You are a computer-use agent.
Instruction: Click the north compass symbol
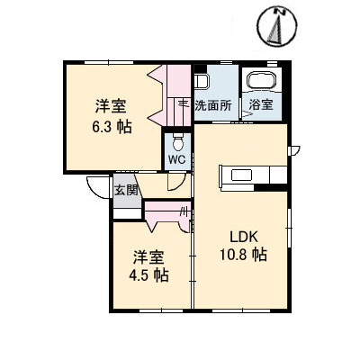click(x=277, y=26)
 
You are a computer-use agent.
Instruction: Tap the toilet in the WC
click(x=178, y=143)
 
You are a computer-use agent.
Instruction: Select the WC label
click(x=177, y=159)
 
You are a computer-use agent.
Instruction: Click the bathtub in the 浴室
click(x=262, y=79)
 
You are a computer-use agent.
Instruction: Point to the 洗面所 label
click(x=213, y=105)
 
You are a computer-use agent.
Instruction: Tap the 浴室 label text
click(x=261, y=105)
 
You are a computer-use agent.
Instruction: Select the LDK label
click(x=244, y=238)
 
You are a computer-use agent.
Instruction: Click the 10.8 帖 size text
click(x=243, y=255)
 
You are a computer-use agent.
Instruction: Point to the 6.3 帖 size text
click(x=112, y=127)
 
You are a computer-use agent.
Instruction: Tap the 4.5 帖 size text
click(x=148, y=274)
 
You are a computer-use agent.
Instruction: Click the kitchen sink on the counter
click(x=241, y=175)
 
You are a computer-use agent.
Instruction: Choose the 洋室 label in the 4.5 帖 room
click(x=148, y=257)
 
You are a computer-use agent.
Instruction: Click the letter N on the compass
click(x=281, y=12)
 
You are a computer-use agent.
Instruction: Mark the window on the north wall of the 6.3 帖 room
click(x=109, y=62)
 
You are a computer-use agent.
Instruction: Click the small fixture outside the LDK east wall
click(x=293, y=150)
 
